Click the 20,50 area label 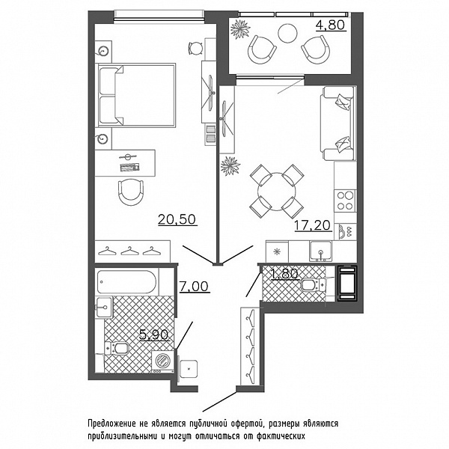point(177,219)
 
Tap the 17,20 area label point(313,225)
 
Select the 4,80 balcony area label point(331,25)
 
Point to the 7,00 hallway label point(195,286)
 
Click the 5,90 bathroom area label point(154,335)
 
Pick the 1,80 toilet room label point(285,273)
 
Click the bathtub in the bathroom point(126,282)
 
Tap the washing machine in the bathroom point(163,361)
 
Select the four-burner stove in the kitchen point(345,201)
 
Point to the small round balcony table point(288,33)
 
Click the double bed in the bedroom point(136,95)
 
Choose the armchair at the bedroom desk point(131,192)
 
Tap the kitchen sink point(321,251)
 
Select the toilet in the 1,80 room point(314,285)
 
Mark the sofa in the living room point(338,123)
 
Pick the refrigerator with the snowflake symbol point(277,251)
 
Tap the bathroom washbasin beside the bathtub point(104,307)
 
